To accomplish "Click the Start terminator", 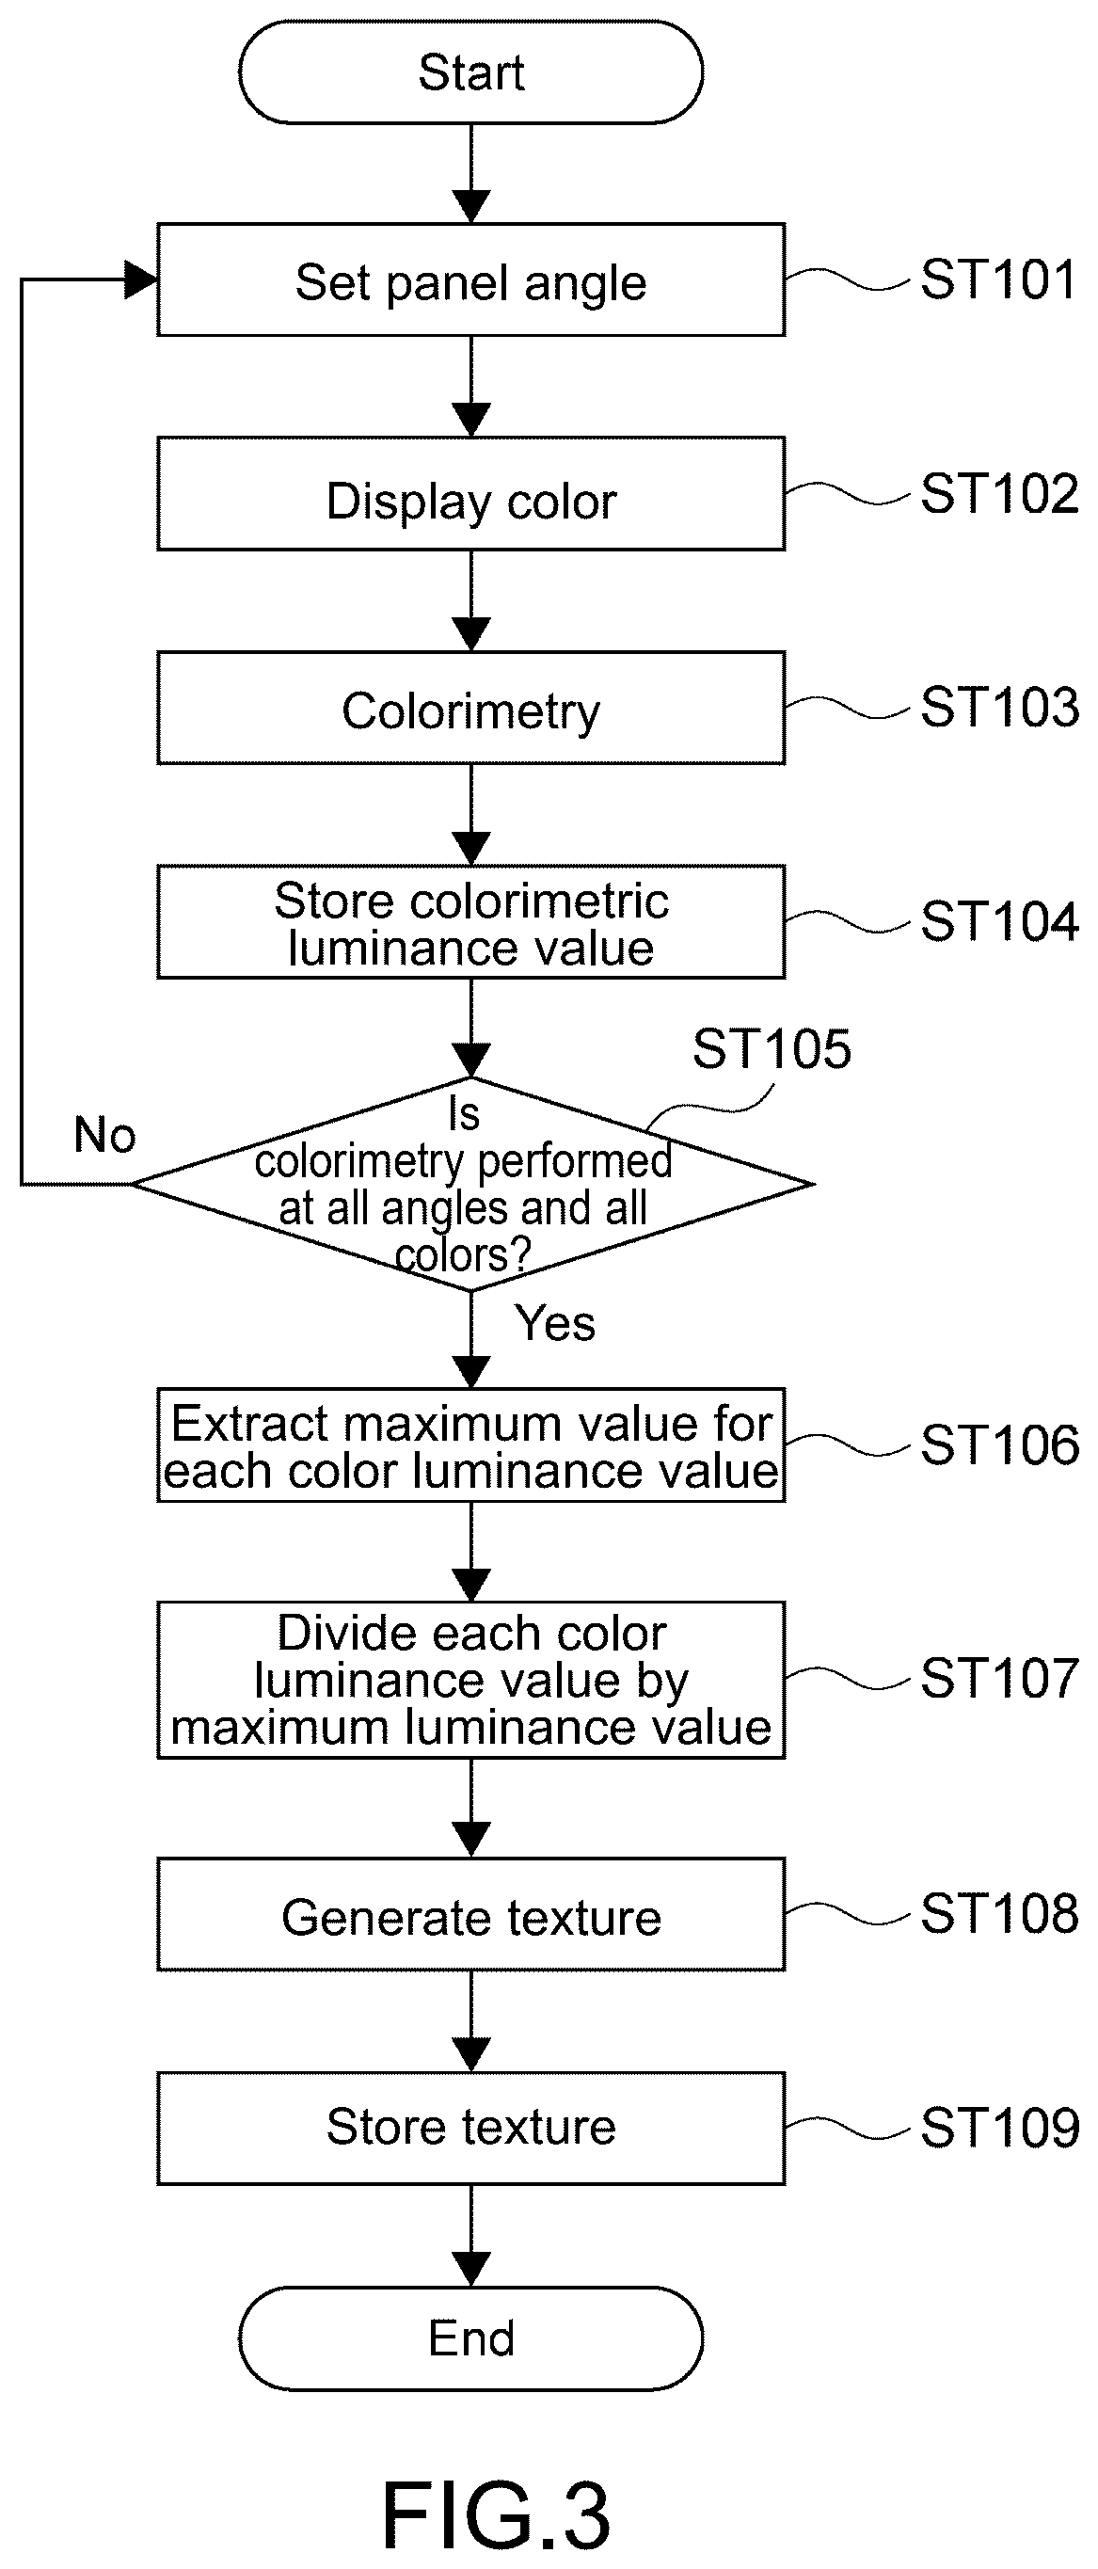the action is pos(470,72).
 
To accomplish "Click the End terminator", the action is pos(470,2338).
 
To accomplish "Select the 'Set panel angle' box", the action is pos(470,280).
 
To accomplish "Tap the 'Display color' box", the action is pos(470,495).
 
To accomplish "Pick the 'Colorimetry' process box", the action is pos(470,708).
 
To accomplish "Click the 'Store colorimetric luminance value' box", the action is pos(470,921).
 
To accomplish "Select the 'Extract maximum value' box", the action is pos(470,1445).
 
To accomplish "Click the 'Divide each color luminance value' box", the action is pos(470,1681).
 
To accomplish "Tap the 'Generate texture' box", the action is pos(470,1915).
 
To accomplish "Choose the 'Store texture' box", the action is pos(470,2129).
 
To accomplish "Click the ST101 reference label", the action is pos(999,280).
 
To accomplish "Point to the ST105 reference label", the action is pos(772,1049).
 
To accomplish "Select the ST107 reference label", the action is pos(999,1679).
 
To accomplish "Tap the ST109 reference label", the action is pos(999,2128).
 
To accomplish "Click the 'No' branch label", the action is pos(104,1135).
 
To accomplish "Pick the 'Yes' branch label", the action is pos(555,1324).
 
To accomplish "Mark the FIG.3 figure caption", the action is pos(496,2515).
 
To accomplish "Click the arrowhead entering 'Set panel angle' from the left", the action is pos(140,280).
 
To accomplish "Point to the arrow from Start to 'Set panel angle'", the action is pos(470,173).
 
